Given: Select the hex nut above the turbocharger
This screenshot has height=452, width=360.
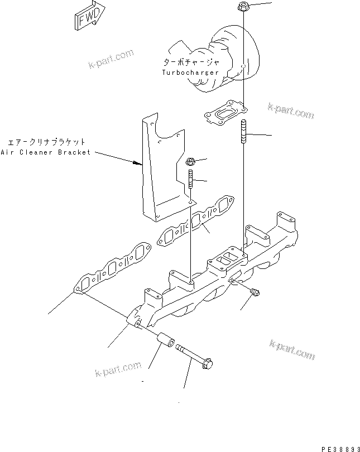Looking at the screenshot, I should pos(243,7).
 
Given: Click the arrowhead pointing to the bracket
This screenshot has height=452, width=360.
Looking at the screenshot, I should pos(138,163).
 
